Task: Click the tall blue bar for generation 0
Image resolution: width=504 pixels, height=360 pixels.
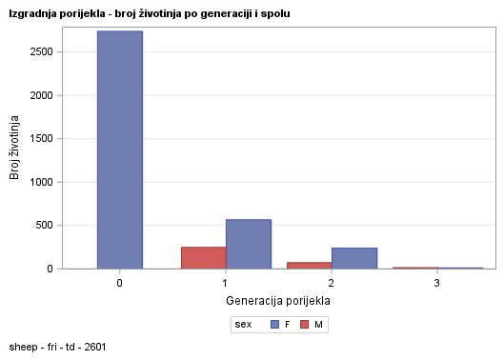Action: coord(119,150)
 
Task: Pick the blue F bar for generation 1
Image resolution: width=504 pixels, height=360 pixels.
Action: coord(248,244)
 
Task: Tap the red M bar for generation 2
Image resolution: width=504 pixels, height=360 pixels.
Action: coord(309,265)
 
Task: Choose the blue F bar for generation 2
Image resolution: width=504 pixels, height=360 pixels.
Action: coord(353,258)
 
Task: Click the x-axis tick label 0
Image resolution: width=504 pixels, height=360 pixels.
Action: coord(119,284)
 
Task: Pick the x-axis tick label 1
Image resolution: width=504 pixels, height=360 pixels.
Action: coord(225,284)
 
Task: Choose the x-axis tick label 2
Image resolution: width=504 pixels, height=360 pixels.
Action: coord(331,284)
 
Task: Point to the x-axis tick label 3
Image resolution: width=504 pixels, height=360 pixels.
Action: coord(436,284)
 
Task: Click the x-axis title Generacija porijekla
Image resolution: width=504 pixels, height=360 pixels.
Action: coord(278,301)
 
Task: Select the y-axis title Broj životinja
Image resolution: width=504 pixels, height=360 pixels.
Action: coord(15,148)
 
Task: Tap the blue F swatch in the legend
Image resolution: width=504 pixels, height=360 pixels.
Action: coord(274,325)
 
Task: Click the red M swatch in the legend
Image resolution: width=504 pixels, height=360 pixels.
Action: coord(304,325)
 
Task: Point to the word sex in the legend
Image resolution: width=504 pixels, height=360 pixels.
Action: coord(244,325)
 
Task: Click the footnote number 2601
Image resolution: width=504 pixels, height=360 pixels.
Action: coord(93,347)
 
